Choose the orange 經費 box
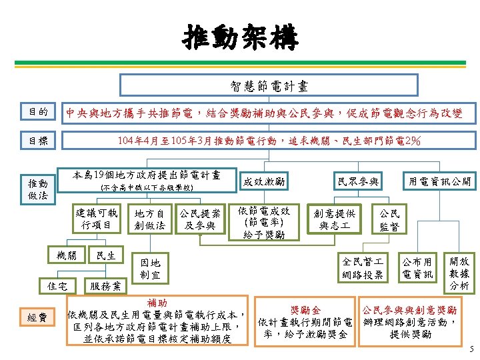(37, 317)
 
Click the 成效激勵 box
(264, 181)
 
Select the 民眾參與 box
(358, 181)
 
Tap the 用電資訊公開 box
(439, 181)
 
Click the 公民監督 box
(389, 219)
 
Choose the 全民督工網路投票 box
(363, 268)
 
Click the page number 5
(471, 349)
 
